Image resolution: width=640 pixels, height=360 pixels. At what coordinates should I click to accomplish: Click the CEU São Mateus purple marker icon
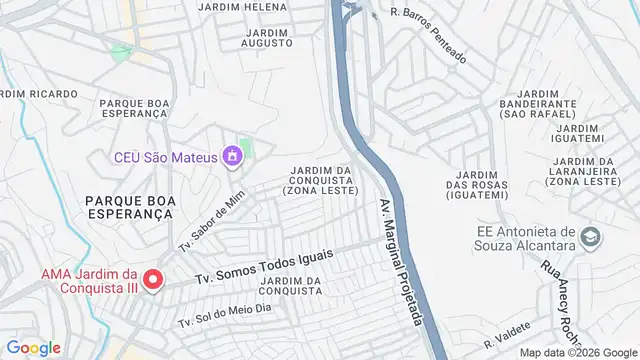[x=233, y=156]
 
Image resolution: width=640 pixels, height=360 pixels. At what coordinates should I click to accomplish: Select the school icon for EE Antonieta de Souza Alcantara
[x=592, y=237]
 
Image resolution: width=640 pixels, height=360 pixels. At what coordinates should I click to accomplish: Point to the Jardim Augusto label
[x=266, y=38]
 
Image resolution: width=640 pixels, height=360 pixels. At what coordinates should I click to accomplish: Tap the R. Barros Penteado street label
[x=429, y=35]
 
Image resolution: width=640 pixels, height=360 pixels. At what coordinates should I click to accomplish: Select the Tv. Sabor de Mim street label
[x=213, y=219]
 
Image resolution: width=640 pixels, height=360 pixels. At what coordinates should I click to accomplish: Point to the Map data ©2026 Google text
[x=578, y=352]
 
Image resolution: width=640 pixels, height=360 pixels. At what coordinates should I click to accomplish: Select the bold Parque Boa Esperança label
[x=129, y=206]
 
